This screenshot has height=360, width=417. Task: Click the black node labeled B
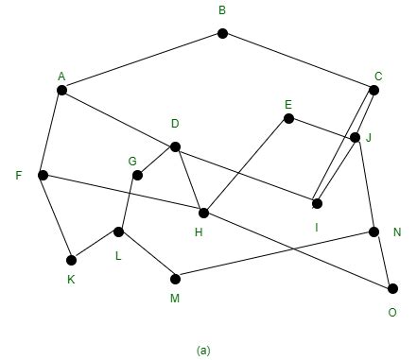(x=222, y=33)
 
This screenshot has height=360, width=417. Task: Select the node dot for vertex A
(x=61, y=90)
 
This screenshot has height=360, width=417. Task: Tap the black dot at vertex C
(x=374, y=90)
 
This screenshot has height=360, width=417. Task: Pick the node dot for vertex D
(x=175, y=146)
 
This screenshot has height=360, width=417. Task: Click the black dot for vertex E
(x=288, y=118)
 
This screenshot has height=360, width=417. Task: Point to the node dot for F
(x=43, y=175)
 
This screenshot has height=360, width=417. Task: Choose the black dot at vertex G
(x=137, y=175)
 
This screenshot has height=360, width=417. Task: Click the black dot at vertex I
(x=317, y=203)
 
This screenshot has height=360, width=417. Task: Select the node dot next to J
(x=355, y=137)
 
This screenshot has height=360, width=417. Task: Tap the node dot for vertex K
(x=71, y=260)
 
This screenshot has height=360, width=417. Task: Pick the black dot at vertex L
(x=118, y=231)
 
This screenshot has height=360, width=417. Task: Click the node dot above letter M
(x=175, y=279)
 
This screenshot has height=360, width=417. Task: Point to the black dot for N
(x=374, y=231)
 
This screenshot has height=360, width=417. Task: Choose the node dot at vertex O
(x=392, y=288)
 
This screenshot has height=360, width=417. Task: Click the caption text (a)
(x=203, y=350)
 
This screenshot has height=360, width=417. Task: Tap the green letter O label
(x=392, y=313)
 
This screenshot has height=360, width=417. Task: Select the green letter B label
(x=221, y=11)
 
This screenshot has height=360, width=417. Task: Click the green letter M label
(x=174, y=300)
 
